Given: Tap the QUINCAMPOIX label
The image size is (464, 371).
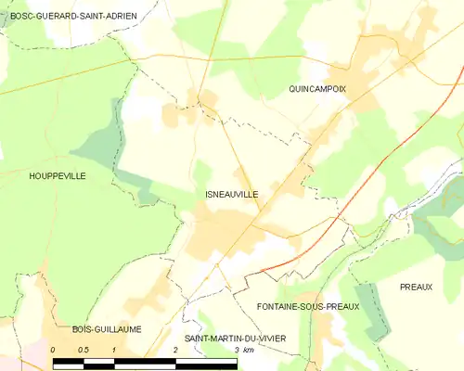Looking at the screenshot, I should [317, 89].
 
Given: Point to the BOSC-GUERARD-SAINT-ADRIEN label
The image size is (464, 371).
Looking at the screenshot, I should [73, 16].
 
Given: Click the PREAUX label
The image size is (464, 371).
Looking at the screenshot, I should [417, 288].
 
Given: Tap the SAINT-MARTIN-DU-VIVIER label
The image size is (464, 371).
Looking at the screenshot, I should [234, 339].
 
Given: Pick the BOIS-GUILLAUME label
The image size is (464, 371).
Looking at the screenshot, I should [105, 328].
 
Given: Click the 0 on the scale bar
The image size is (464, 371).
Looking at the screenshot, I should [54, 350].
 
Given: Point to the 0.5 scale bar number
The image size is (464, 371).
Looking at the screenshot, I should [83, 350].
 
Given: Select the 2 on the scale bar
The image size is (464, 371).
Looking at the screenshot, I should [175, 350].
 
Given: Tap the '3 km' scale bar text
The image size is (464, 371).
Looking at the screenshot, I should [244, 350].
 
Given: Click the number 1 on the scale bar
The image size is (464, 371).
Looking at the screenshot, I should [114, 350].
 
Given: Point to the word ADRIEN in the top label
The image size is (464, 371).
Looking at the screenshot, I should [122, 16].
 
